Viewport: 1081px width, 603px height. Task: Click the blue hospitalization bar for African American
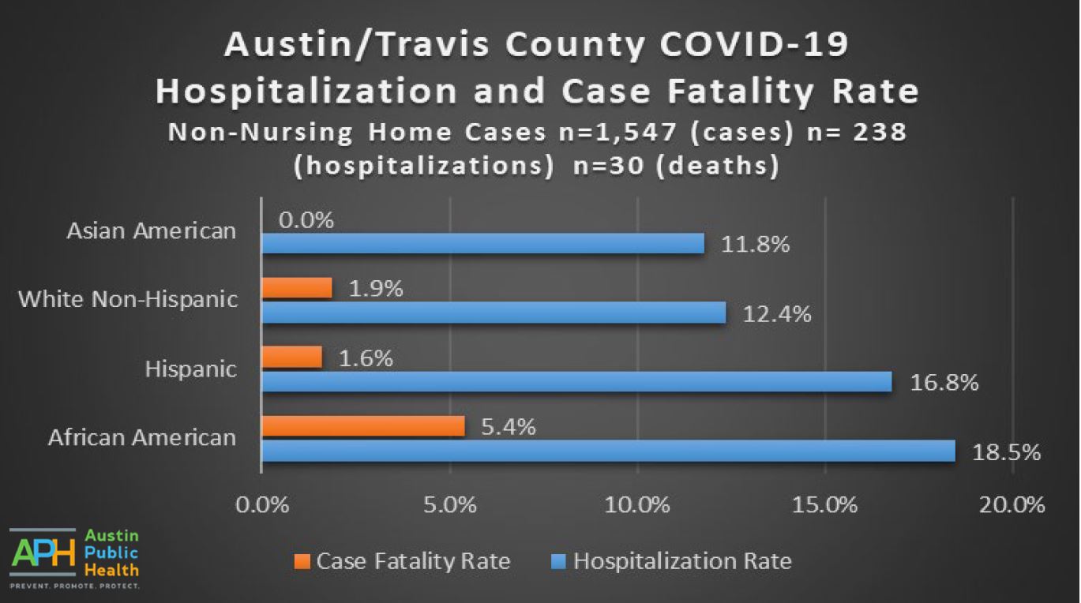click(608, 451)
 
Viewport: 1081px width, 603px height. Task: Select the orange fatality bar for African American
click(363, 426)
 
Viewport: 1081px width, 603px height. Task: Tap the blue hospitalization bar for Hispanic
click(576, 382)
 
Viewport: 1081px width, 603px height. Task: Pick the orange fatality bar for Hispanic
click(292, 358)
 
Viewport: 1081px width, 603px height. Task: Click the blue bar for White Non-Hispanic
click(494, 313)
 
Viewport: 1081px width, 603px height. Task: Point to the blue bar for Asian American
click(482, 244)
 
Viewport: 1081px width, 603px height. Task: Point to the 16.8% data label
click(944, 384)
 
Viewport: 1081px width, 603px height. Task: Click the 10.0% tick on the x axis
click(638, 504)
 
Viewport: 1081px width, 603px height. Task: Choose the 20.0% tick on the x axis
click(1012, 504)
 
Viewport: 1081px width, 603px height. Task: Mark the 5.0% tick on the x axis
click(450, 504)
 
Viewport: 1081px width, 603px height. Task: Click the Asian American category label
click(152, 230)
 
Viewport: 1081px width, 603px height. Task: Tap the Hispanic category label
click(190, 369)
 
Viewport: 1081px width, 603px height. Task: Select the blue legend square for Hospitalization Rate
click(558, 561)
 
